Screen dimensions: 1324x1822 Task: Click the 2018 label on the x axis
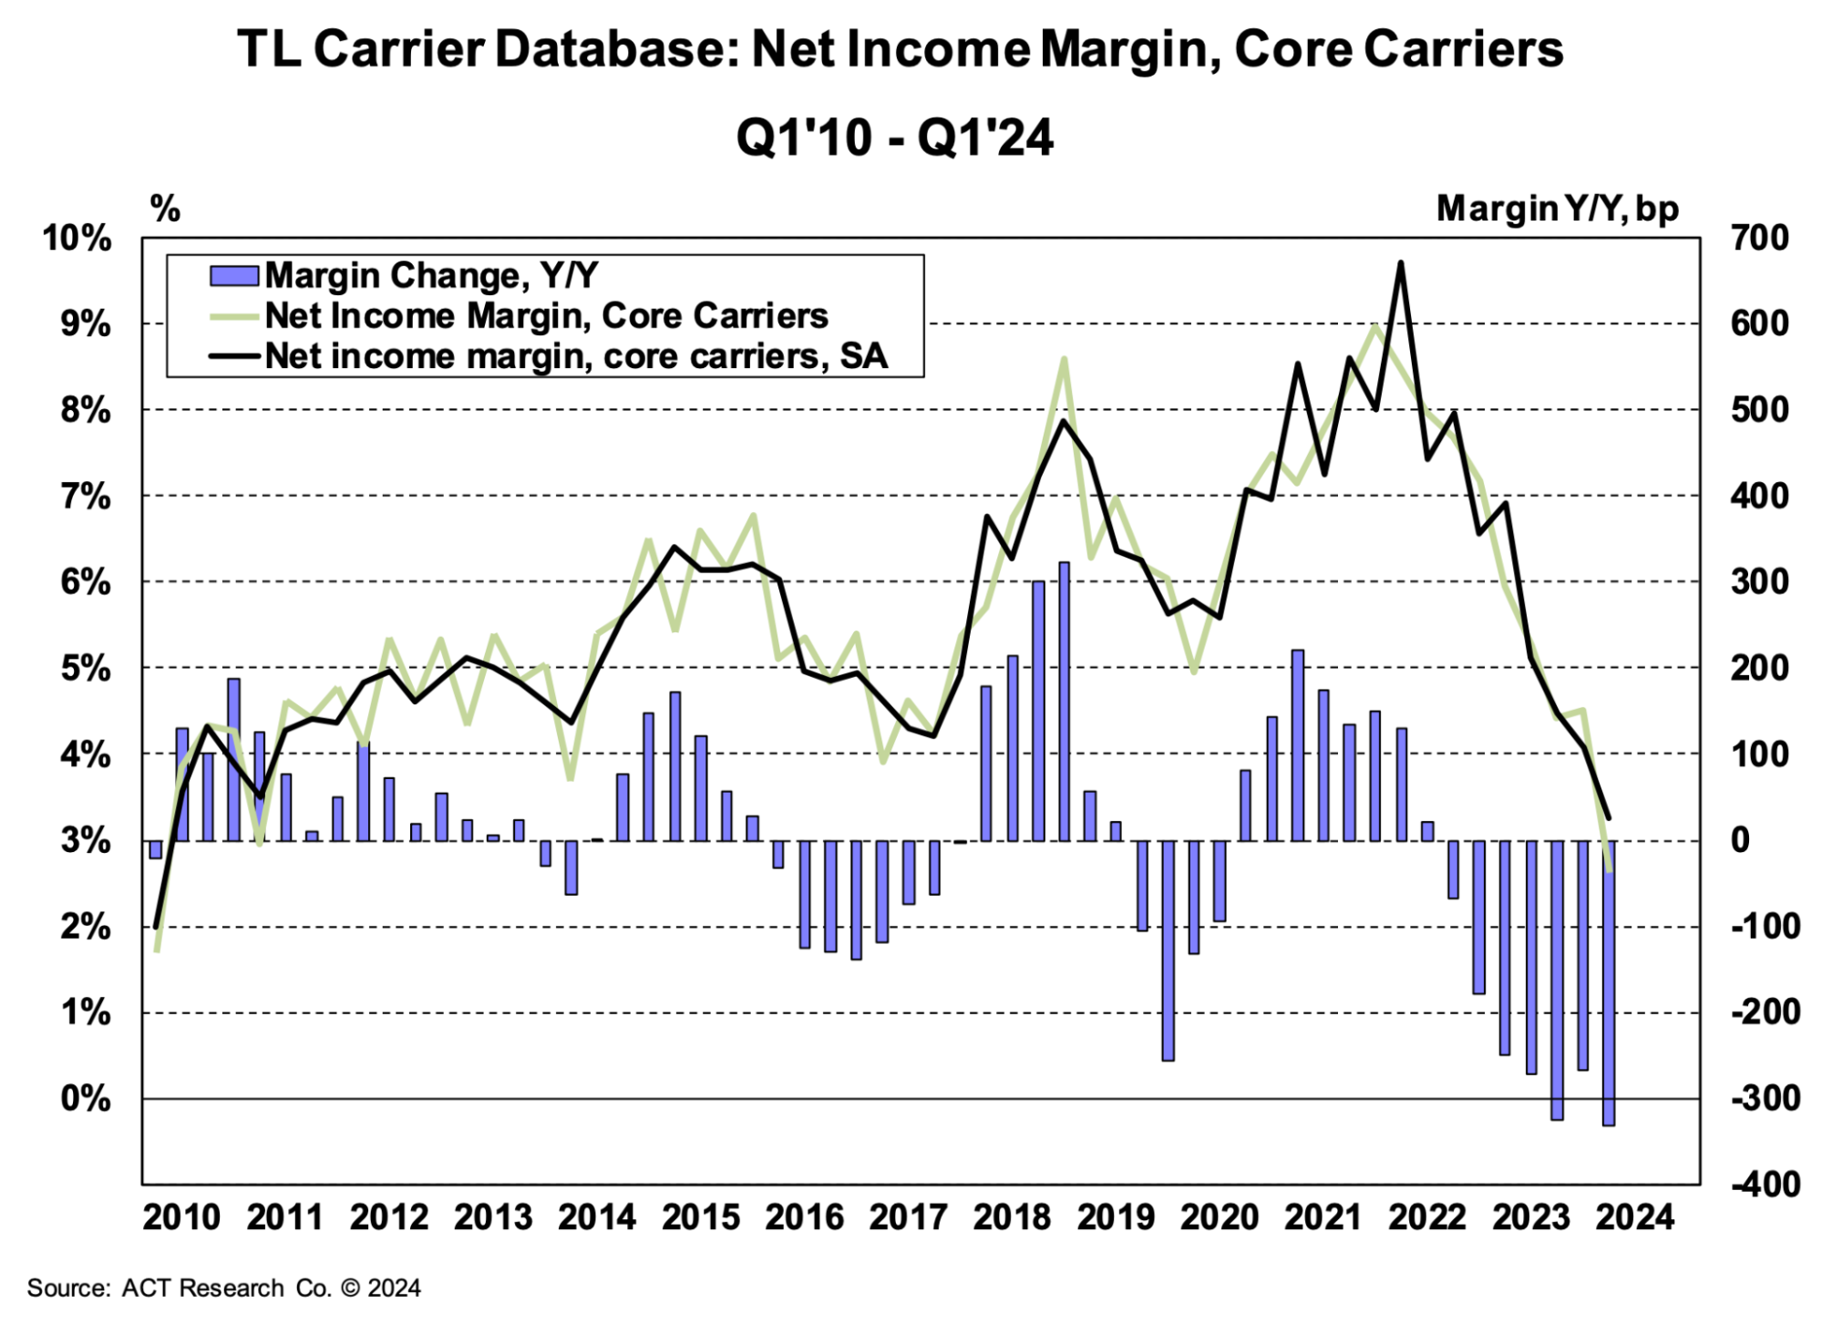click(1012, 1217)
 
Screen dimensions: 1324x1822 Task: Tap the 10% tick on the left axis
click(77, 239)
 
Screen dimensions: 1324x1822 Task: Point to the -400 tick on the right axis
click(1765, 1185)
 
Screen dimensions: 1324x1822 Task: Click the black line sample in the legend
click(235, 355)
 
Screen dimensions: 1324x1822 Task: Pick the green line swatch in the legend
click(235, 316)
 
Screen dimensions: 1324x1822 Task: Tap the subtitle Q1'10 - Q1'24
click(894, 139)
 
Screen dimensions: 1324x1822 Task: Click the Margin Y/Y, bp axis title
click(1557, 209)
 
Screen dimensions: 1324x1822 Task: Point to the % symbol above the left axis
click(165, 209)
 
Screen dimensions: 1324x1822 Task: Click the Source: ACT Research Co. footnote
click(223, 1288)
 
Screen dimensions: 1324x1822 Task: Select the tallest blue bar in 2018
click(1064, 702)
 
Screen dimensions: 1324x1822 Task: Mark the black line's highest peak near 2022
click(1401, 263)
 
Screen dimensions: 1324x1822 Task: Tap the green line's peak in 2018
click(1064, 359)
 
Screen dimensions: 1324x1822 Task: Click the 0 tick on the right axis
click(1740, 840)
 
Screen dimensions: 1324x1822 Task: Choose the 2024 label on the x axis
click(1635, 1217)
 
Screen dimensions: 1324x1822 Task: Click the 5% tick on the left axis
click(86, 669)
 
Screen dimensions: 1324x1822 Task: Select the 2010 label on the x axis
click(181, 1217)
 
